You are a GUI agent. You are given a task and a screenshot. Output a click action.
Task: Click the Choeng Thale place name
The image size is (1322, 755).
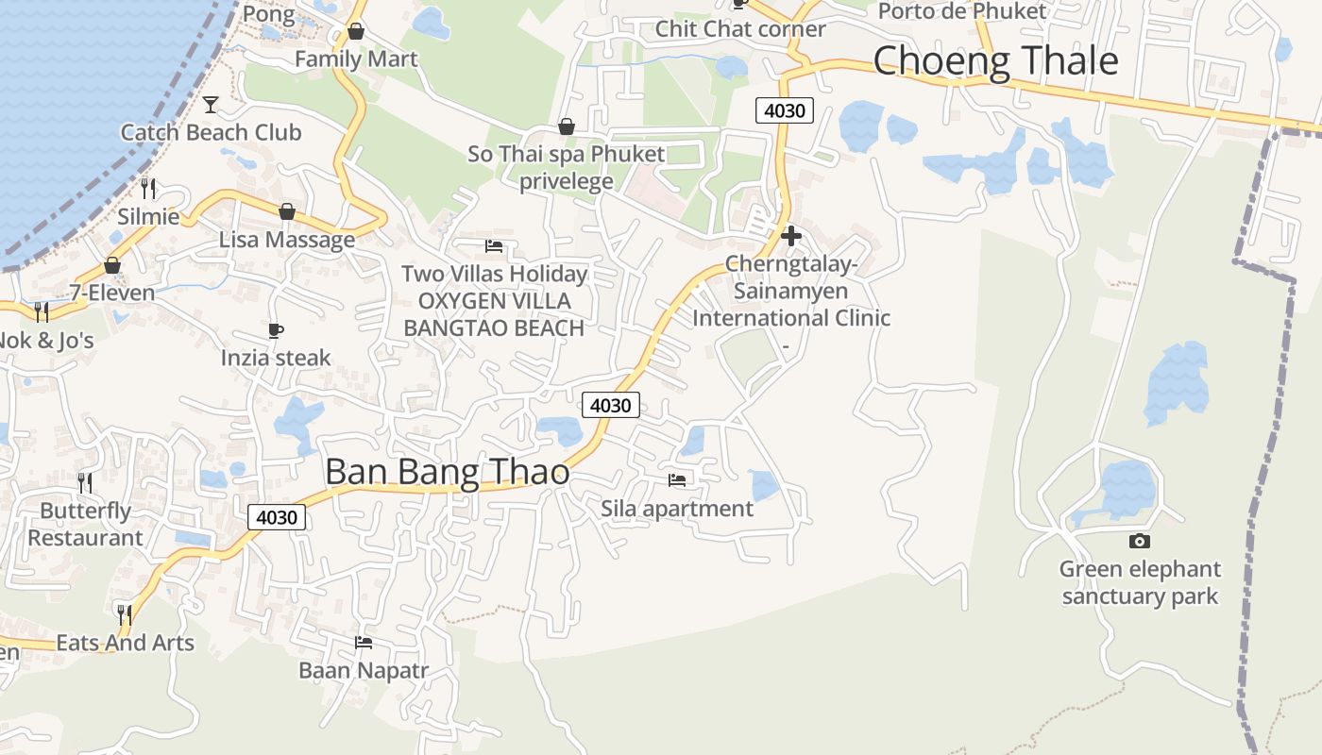tap(995, 61)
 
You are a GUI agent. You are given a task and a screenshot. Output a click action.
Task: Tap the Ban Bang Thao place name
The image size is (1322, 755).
tap(447, 472)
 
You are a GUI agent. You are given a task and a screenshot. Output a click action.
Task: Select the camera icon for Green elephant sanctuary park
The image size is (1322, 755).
tap(1140, 541)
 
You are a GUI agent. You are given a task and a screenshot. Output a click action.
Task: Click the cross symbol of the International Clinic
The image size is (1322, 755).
tap(791, 236)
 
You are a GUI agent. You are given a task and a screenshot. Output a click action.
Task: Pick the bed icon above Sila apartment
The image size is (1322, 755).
tap(677, 479)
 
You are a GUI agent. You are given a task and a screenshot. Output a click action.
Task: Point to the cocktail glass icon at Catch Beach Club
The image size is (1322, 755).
tap(211, 104)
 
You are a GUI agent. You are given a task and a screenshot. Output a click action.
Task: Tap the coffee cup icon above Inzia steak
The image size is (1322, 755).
tap(276, 329)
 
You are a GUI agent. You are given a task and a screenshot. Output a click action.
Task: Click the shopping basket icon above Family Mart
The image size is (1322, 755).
tap(355, 31)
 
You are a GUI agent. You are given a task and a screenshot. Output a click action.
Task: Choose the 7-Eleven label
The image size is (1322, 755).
tap(112, 293)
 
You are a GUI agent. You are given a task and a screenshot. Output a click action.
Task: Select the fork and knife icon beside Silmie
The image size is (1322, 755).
tap(148, 188)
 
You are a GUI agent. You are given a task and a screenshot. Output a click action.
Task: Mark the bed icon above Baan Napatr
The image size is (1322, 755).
tap(364, 643)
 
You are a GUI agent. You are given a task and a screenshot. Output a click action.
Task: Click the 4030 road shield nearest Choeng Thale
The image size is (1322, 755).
tap(785, 110)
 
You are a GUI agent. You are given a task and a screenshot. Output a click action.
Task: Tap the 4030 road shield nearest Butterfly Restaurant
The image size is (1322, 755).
tap(277, 517)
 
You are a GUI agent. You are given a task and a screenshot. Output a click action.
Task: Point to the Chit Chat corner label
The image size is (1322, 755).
tap(740, 28)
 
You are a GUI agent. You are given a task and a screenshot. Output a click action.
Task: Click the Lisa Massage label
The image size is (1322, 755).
tap(287, 240)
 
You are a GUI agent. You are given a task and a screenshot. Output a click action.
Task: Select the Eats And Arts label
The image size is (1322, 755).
tap(125, 643)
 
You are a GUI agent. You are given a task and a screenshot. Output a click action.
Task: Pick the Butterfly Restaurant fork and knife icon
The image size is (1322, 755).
tap(85, 483)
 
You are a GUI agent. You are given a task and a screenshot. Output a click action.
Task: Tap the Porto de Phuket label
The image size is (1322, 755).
tap(962, 11)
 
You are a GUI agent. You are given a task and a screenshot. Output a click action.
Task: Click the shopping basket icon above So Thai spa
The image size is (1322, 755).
tap(567, 126)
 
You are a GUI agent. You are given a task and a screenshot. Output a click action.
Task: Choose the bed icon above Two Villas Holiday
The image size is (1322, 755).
tap(494, 246)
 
